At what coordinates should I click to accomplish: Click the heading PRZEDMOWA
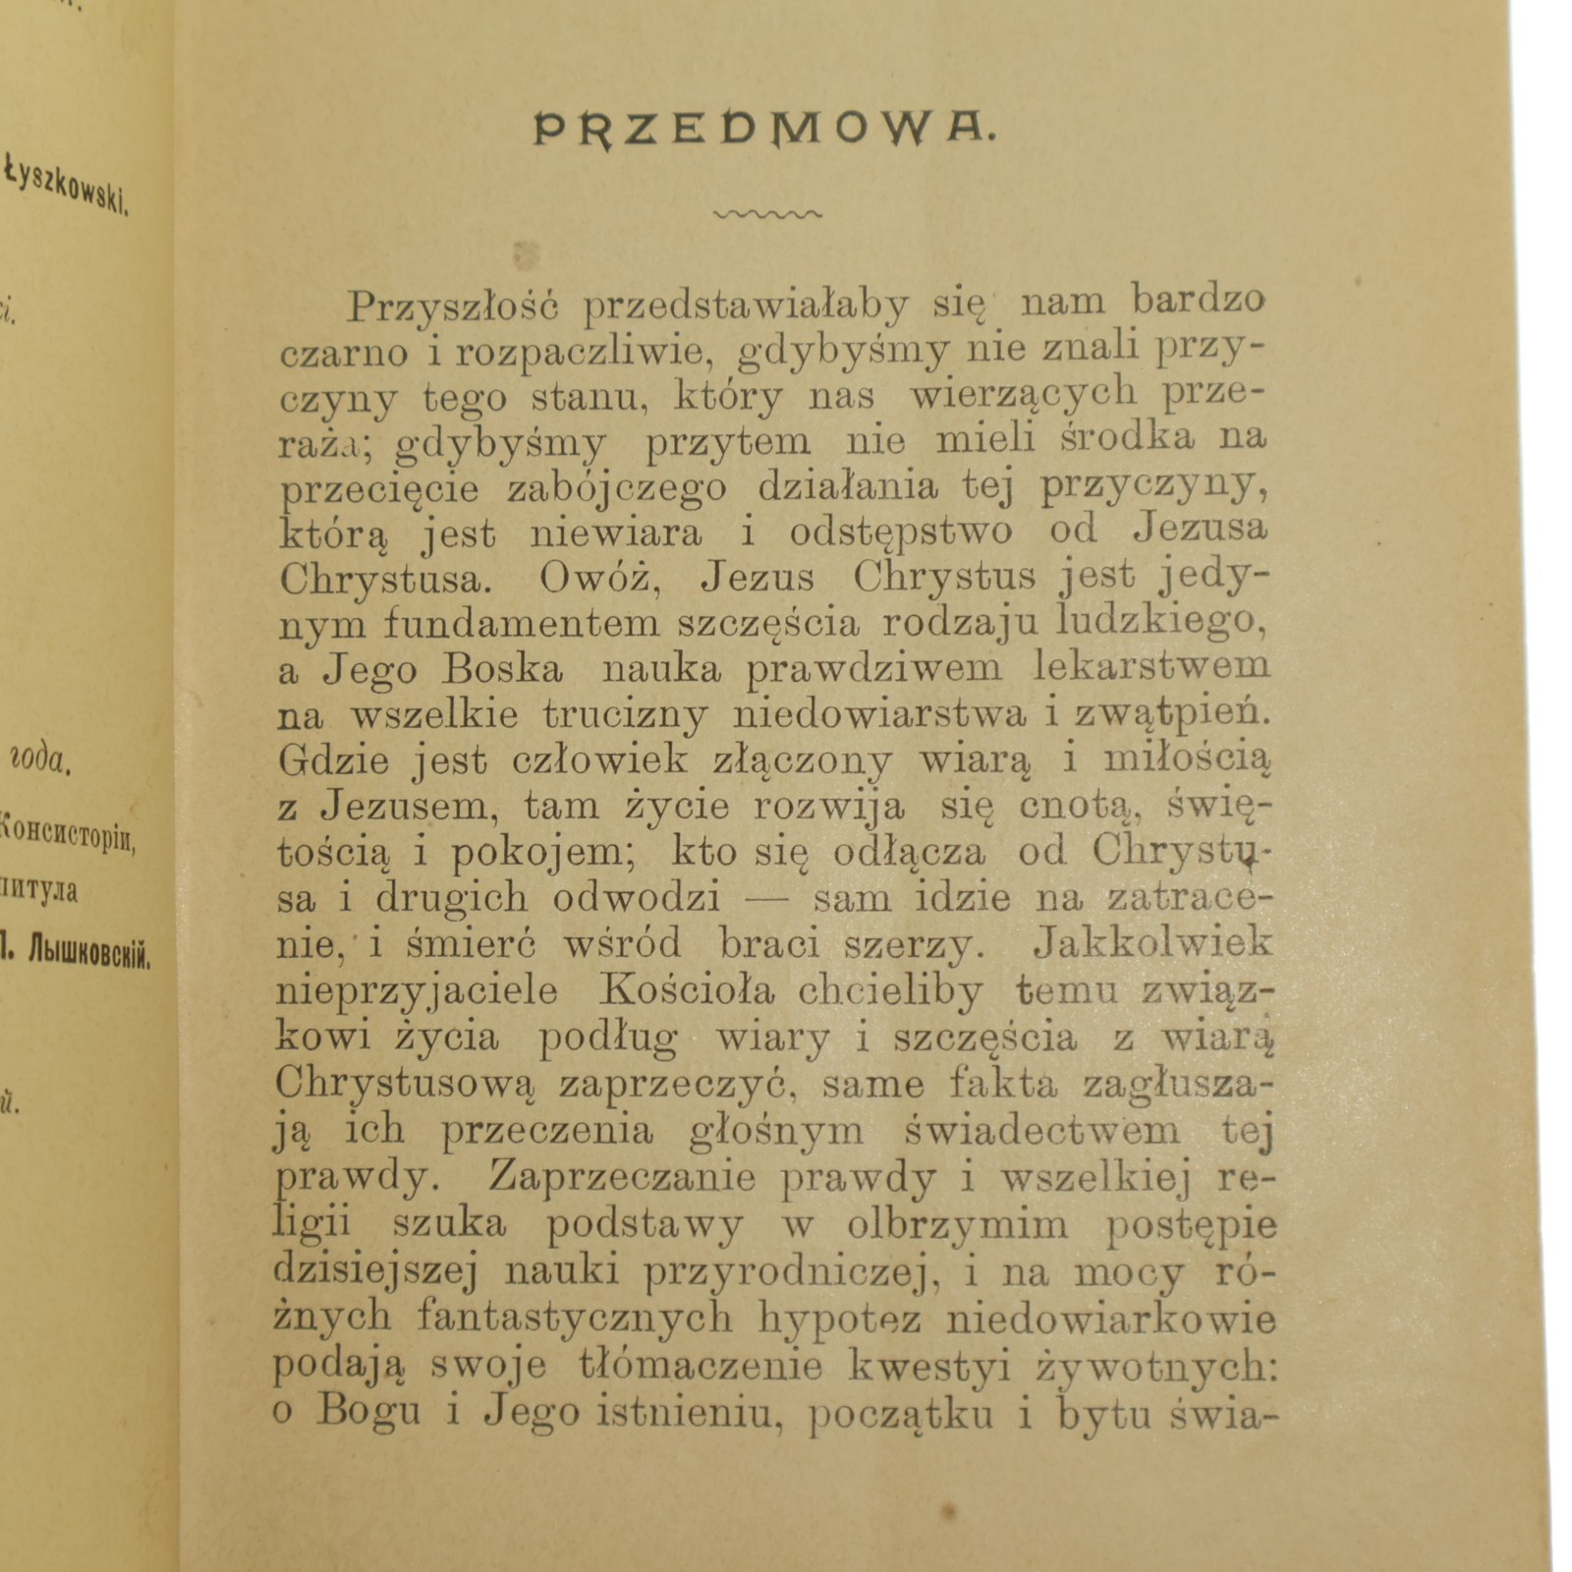pos(764,129)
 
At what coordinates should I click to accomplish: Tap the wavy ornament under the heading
pos(769,213)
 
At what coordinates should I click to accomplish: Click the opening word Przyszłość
pos(453,307)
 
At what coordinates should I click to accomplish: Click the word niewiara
pos(616,533)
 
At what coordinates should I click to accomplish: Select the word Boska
pos(502,670)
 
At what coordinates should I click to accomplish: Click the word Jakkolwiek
pos(1152,944)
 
